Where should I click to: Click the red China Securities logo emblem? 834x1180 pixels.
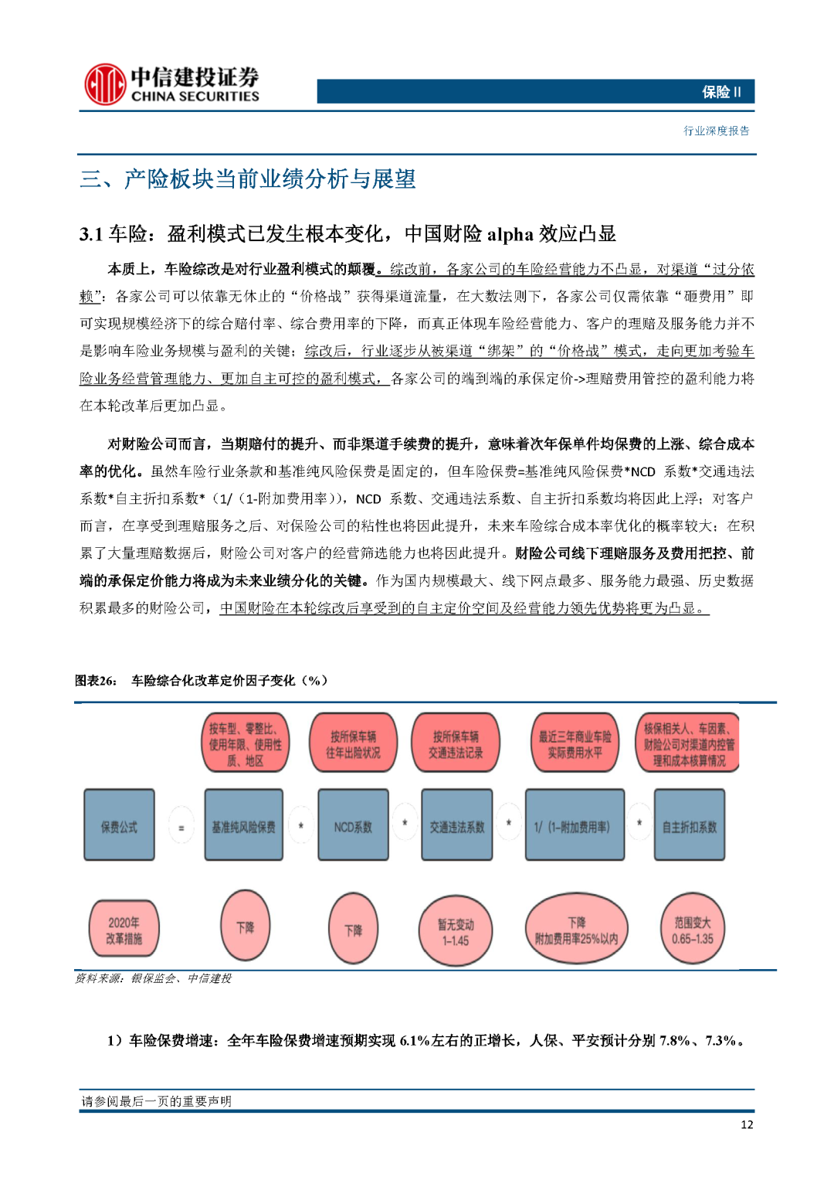tap(105, 84)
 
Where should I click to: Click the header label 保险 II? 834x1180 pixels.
tap(721, 92)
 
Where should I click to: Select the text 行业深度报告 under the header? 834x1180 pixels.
tap(716, 131)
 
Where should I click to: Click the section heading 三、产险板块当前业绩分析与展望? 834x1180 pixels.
tap(248, 179)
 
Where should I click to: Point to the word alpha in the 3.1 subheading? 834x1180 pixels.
tap(510, 234)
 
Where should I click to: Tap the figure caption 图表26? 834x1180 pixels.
tap(96, 680)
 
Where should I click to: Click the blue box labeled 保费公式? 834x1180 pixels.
tap(119, 826)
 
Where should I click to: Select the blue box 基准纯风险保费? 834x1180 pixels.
tap(243, 826)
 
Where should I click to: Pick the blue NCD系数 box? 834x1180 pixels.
tap(353, 826)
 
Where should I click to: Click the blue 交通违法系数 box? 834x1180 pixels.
tap(457, 826)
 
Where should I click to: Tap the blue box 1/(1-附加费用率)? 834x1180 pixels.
tap(574, 826)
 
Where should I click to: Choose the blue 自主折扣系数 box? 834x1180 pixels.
tap(689, 826)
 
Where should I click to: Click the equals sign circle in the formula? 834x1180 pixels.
tap(181, 827)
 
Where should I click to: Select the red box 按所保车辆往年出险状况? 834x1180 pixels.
tap(353, 743)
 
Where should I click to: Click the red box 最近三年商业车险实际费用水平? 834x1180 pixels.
tap(575, 743)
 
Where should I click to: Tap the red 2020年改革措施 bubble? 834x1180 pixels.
tap(124, 930)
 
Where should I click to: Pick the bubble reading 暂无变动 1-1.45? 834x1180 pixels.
tap(455, 932)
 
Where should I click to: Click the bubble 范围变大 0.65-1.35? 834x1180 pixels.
tap(692, 930)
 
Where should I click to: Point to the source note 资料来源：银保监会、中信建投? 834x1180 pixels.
tap(154, 978)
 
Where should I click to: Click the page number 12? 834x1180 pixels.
tap(746, 1124)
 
